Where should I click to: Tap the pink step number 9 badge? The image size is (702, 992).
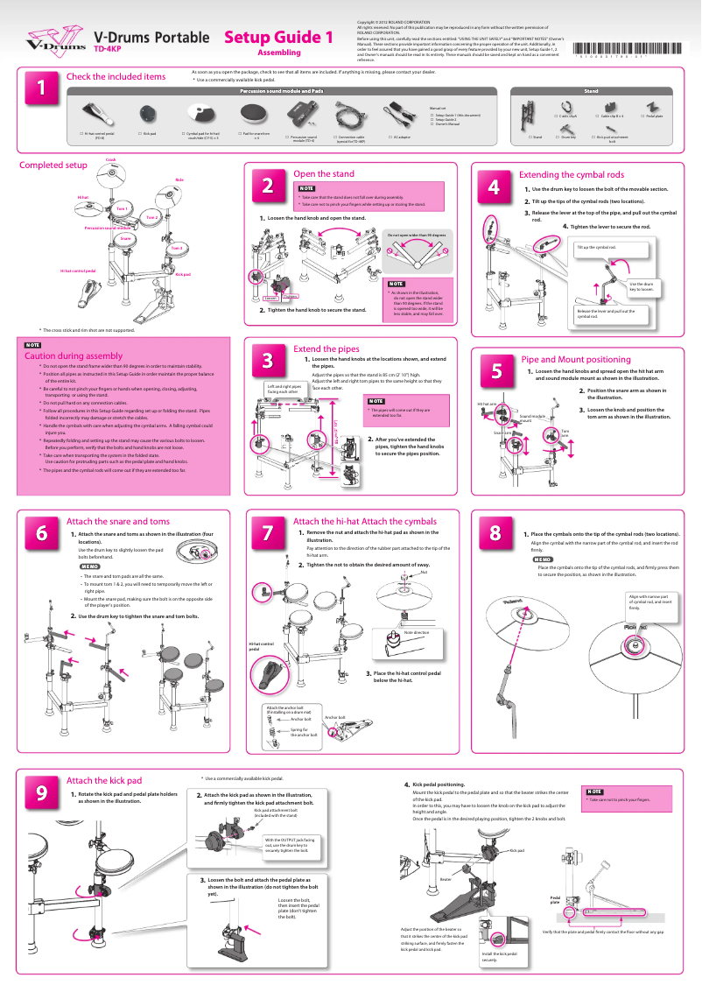[x=41, y=791]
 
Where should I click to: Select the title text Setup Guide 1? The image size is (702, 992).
[x=278, y=38]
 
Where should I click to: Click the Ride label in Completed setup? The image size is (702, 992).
[x=179, y=179]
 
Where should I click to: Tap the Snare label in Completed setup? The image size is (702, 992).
[x=126, y=239]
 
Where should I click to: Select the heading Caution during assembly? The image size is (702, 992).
[x=74, y=356]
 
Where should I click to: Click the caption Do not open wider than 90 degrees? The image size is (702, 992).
[x=417, y=236]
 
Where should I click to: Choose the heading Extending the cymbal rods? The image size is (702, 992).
[x=571, y=175]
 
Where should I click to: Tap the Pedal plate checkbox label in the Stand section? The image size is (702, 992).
[x=654, y=116]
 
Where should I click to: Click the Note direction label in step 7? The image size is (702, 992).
[x=417, y=632]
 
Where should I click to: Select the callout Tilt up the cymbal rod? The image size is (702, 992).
[x=596, y=248]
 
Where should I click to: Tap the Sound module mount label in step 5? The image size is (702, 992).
[x=531, y=419]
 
